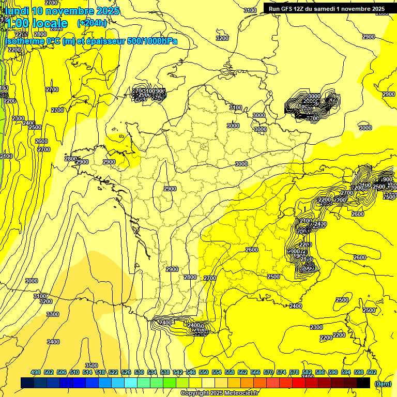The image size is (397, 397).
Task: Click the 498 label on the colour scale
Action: (36, 372)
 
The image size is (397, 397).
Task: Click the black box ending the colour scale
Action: (364, 383)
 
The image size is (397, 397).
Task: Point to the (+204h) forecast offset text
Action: (92, 23)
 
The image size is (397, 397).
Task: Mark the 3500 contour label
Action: (91, 365)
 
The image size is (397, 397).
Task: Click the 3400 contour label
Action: (53, 342)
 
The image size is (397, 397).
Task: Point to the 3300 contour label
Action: (53, 314)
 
